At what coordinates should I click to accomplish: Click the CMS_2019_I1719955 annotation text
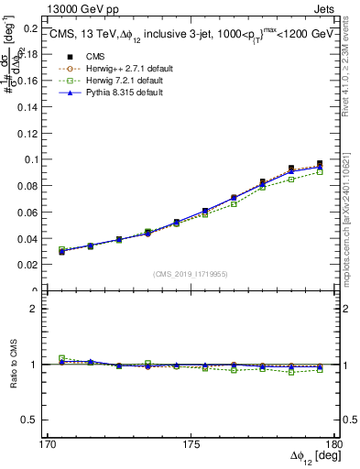click(191, 274)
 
